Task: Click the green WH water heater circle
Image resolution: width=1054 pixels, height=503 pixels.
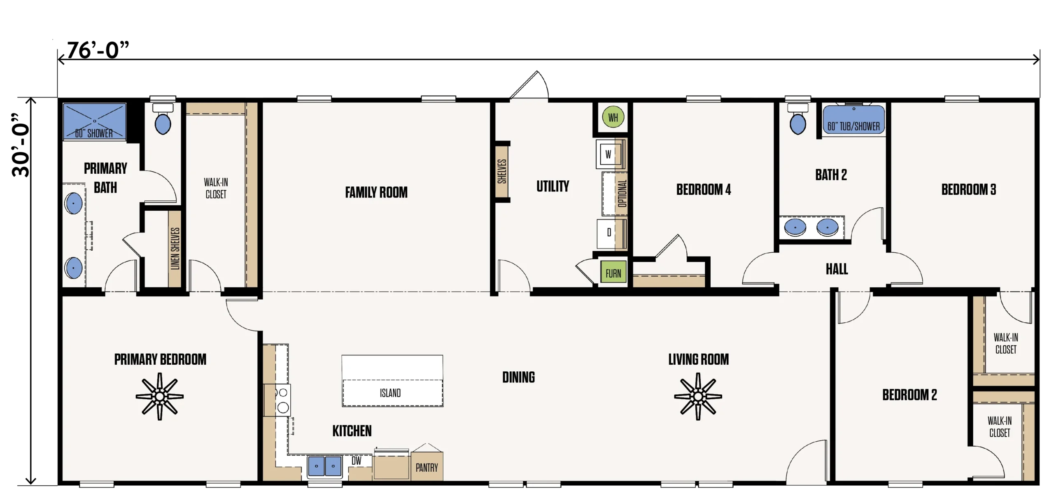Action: [x=613, y=117]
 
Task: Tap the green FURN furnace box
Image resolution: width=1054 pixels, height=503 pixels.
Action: [x=613, y=272]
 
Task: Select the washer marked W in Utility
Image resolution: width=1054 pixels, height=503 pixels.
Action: [x=609, y=154]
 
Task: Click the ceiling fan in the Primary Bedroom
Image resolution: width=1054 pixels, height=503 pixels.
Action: [x=160, y=396]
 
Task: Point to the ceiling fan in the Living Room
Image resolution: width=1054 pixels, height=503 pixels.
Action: [x=698, y=396]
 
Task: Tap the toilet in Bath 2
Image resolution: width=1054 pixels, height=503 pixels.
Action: [x=798, y=119]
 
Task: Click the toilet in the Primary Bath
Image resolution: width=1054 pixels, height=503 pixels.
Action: [x=163, y=119]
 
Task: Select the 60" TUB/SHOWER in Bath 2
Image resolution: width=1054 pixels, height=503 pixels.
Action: [x=853, y=119]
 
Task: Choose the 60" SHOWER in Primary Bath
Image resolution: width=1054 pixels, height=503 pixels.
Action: [x=94, y=121]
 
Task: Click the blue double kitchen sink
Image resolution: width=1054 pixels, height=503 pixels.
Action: [x=325, y=466]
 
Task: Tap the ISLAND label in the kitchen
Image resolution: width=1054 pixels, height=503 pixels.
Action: [x=390, y=393]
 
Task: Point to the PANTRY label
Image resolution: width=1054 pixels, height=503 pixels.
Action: [x=427, y=468]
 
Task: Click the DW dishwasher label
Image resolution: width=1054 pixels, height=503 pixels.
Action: [x=357, y=461]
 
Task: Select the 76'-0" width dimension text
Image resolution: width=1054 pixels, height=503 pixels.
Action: [x=98, y=50]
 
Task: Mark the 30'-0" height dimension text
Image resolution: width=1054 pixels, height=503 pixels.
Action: [x=21, y=145]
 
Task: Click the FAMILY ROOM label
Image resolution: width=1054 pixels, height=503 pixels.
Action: [x=376, y=192]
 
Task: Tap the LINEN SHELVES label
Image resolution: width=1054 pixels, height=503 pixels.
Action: [x=175, y=249]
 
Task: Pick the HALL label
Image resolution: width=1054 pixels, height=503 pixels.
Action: [x=837, y=269]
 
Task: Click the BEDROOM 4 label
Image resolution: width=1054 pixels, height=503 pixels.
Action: [x=704, y=189]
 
